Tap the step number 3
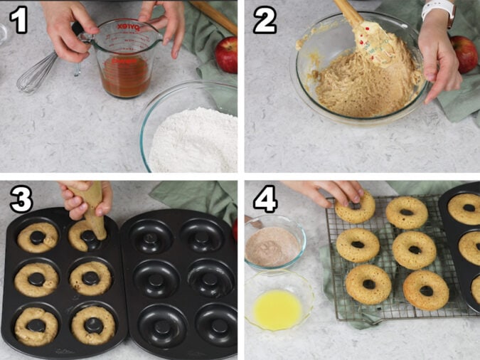click(19, 200)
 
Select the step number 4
click(265, 201)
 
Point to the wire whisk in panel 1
click(36, 74)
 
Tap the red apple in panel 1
click(227, 55)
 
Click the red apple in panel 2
click(465, 53)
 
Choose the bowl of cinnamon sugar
click(273, 244)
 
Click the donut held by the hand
click(356, 209)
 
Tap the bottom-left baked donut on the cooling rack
click(368, 284)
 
